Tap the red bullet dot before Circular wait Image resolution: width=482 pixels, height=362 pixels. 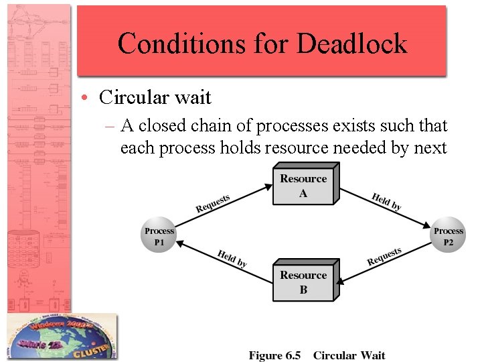(88, 98)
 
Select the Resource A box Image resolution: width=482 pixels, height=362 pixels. (303, 186)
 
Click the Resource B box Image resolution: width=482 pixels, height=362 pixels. (303, 282)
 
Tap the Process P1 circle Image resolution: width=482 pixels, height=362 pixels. (159, 236)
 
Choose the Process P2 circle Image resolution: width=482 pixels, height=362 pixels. (448, 236)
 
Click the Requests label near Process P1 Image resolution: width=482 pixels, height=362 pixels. (213, 203)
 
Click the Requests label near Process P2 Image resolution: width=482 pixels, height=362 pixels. (384, 256)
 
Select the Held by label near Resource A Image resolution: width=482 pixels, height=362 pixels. (387, 202)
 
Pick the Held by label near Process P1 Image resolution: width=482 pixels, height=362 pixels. (232, 258)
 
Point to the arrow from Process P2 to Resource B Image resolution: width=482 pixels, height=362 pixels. (385, 262)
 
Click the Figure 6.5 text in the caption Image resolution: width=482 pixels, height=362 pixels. (274, 355)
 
